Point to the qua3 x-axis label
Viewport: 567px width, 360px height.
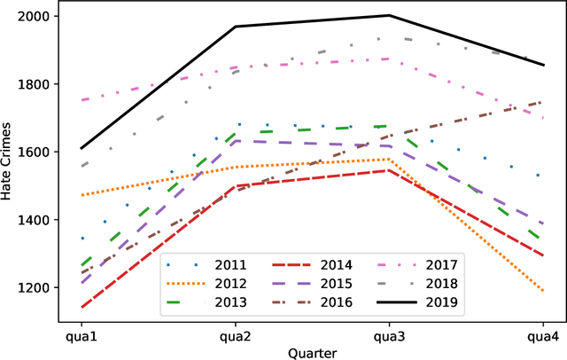389,337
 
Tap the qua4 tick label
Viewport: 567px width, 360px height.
543,337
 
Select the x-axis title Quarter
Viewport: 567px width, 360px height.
311,352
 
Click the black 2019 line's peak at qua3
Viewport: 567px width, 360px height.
389,15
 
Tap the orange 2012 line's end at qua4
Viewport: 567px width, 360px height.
543,291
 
